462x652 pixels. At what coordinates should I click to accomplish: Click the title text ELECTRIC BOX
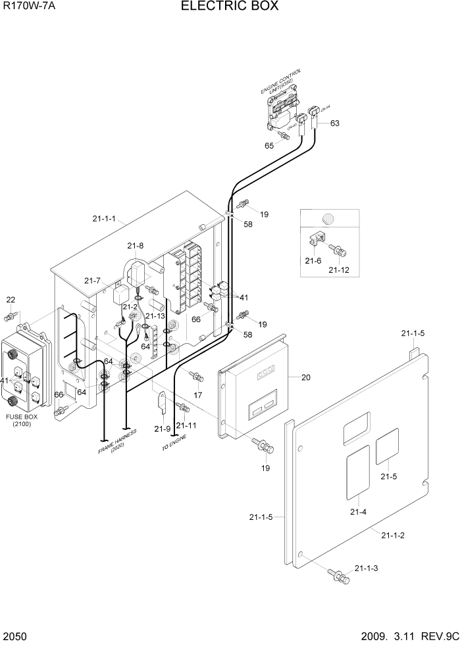coord(230,7)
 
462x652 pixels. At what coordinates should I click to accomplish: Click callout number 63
coord(334,123)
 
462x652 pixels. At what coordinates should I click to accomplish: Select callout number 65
coord(269,145)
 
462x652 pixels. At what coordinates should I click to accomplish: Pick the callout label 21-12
coord(340,269)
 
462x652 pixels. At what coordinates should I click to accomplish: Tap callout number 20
coord(305,377)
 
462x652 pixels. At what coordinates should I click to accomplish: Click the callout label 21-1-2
coord(393,535)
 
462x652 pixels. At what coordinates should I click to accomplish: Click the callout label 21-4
coord(358,511)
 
